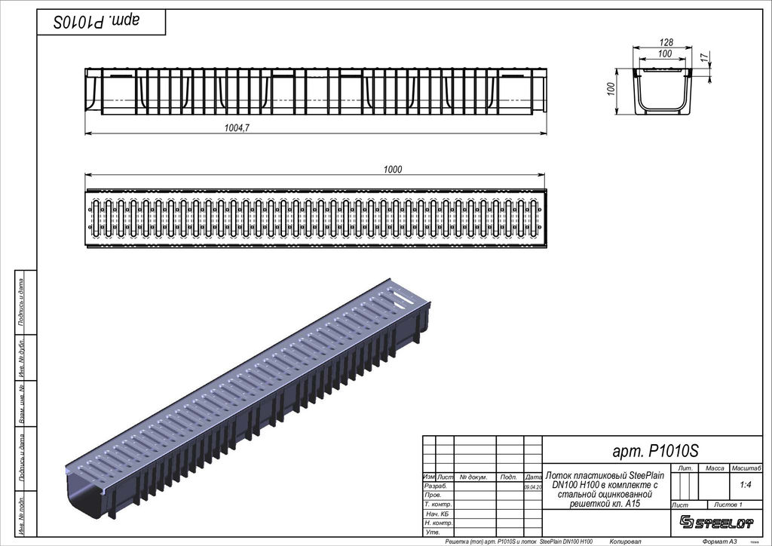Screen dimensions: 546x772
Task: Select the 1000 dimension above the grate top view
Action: point(392,169)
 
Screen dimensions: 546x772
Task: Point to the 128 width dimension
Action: point(665,43)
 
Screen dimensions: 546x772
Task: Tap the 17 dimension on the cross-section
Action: point(703,57)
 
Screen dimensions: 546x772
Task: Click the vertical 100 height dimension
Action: point(611,89)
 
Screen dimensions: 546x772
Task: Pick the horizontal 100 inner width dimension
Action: point(664,54)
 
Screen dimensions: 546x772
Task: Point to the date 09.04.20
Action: point(532,487)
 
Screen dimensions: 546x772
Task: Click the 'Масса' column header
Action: point(714,468)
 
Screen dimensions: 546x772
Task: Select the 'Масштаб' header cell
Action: point(746,468)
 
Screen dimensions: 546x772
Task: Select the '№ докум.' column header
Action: point(473,477)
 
